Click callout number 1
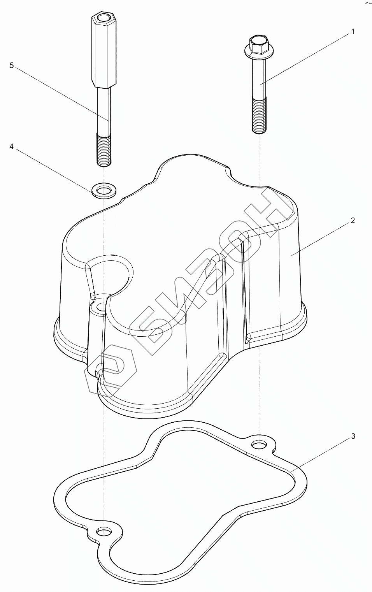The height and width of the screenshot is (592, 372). tap(353, 32)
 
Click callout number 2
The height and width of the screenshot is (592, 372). tap(353, 221)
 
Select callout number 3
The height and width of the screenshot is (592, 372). tap(353, 436)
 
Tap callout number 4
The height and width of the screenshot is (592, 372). tap(12, 147)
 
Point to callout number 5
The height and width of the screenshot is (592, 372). tap(12, 65)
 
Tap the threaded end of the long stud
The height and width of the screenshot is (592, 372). tap(104, 150)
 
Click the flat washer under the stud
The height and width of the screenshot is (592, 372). tap(103, 191)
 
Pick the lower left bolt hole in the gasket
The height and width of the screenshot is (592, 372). tap(104, 532)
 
